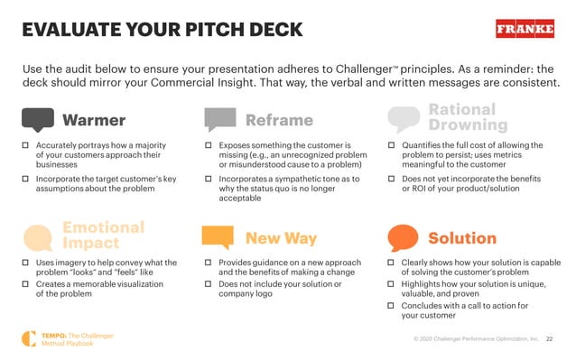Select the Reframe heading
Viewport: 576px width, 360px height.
279,120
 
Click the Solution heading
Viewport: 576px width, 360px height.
461,238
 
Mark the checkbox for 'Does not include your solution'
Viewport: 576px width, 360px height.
208,285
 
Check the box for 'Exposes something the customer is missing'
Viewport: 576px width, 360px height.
208,145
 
